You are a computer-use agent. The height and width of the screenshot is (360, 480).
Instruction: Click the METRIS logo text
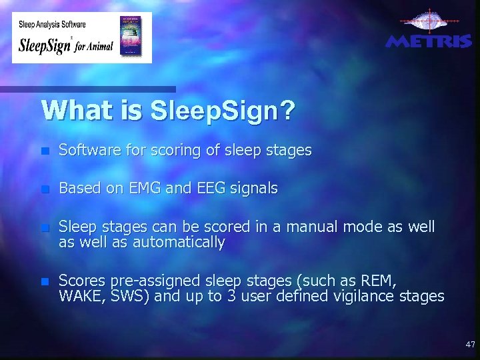(x=429, y=41)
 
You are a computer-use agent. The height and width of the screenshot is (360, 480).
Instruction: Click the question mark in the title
(x=286, y=111)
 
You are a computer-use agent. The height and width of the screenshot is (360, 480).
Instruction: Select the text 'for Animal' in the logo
(x=94, y=47)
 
